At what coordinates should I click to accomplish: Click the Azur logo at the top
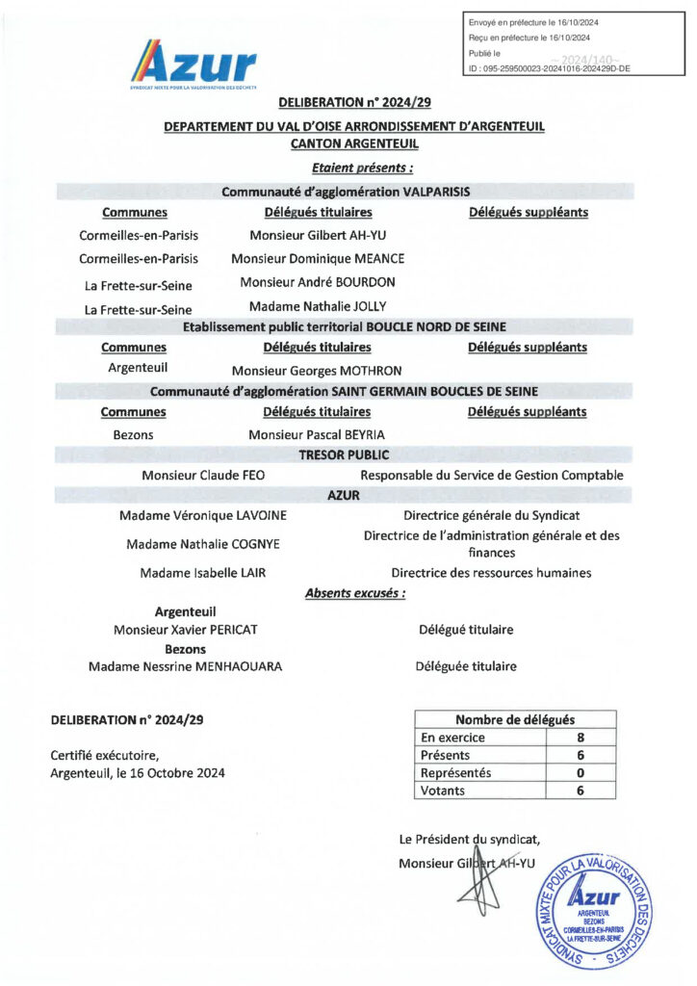[x=197, y=65]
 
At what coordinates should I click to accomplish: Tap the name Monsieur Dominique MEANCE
[x=318, y=258]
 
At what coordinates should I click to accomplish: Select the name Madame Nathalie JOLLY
[x=318, y=306]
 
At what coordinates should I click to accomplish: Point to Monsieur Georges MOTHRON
[x=317, y=370]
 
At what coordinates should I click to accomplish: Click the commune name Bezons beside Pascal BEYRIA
[x=133, y=434]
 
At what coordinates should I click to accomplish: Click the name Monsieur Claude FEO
[x=202, y=475]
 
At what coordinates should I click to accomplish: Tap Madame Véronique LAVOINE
[x=202, y=516]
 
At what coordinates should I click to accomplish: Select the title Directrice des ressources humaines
[x=491, y=572]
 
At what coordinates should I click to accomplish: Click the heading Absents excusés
[x=355, y=593]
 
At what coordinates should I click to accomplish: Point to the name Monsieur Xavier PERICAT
[x=186, y=630]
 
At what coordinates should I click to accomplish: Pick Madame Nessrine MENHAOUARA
[x=186, y=666]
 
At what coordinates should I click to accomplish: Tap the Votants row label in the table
[x=443, y=791]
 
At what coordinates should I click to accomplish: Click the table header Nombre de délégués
[x=515, y=719]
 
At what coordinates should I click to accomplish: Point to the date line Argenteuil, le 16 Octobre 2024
[x=138, y=773]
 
